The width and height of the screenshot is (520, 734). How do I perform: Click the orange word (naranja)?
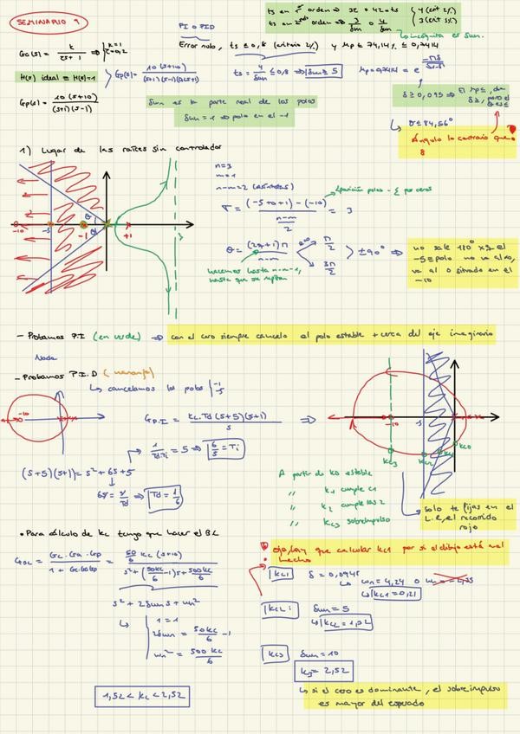(x=129, y=372)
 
